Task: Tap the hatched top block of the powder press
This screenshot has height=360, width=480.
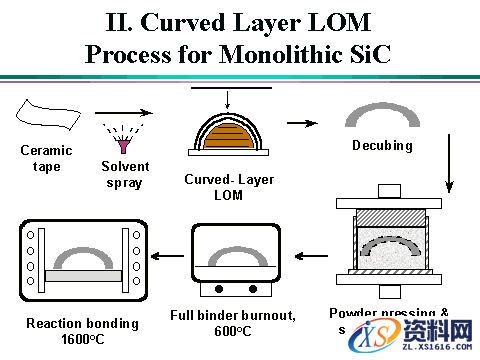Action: click(x=392, y=214)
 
